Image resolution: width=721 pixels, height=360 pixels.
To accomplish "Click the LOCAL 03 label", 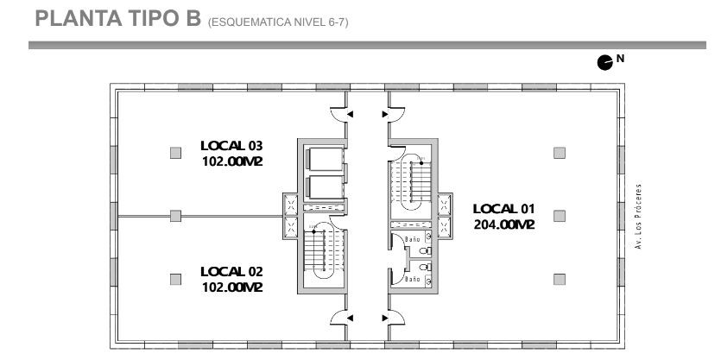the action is (231, 146).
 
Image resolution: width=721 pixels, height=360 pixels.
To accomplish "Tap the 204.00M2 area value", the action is (504, 224).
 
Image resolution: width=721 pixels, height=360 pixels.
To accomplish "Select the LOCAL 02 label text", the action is (231, 271).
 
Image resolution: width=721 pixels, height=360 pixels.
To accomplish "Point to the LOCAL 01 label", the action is (504, 209).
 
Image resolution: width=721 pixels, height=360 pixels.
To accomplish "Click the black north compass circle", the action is (604, 62).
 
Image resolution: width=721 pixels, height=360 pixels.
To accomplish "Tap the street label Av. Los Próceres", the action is (638, 217).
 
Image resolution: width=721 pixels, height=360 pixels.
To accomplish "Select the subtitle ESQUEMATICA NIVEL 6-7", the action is (278, 22).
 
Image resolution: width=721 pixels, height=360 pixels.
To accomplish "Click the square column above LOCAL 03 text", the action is (175, 153).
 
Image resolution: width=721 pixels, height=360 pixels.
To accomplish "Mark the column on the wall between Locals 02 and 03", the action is (175, 216).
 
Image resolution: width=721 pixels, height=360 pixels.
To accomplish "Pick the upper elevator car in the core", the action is (325, 159).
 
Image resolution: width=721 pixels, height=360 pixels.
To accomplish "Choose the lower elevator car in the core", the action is (325, 187).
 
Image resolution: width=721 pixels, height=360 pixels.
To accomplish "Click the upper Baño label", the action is (413, 239).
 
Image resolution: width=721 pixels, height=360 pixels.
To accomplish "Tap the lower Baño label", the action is (413, 279).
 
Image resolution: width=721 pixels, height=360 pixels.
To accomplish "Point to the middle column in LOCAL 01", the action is (560, 216).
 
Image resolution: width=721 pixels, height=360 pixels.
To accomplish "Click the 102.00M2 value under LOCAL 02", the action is (232, 287).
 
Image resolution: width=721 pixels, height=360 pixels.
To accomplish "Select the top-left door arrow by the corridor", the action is (350, 114).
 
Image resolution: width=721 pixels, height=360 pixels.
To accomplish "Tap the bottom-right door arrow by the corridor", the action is (385, 318).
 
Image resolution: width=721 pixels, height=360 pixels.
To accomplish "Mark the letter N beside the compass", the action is (620, 59).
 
